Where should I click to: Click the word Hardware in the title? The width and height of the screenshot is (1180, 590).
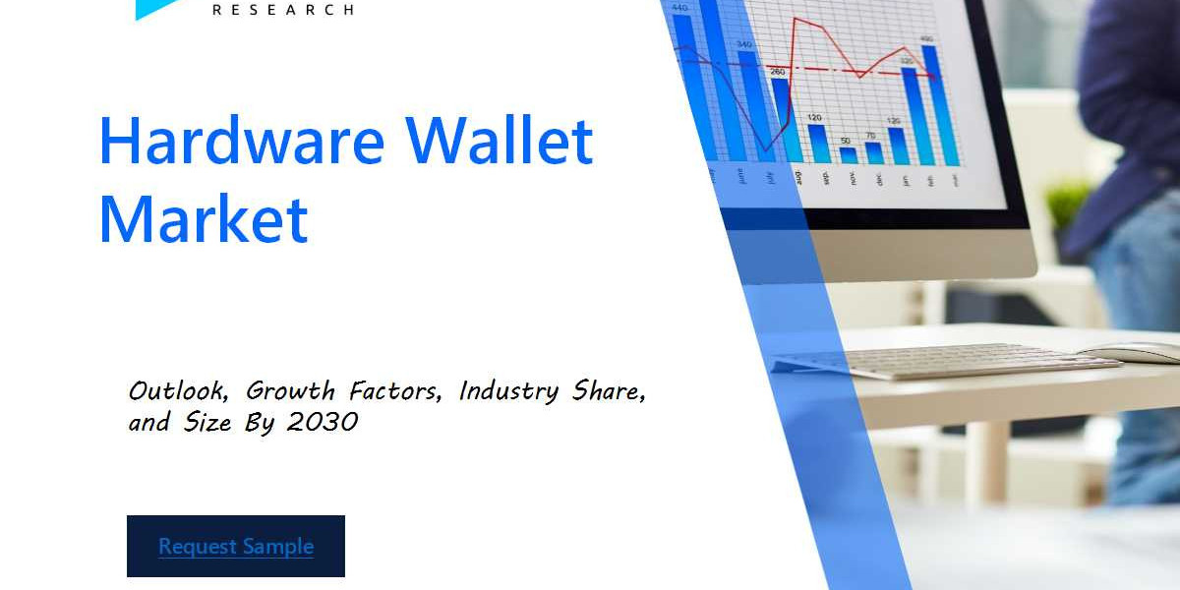coord(241,141)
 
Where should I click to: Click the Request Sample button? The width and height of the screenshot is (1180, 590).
coord(236,546)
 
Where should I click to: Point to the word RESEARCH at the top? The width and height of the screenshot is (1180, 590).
coord(284,10)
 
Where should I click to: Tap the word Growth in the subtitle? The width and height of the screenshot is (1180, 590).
coord(290,391)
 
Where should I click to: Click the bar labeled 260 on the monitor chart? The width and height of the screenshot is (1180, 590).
coord(781,118)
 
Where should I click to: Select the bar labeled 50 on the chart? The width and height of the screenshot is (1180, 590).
coord(848,155)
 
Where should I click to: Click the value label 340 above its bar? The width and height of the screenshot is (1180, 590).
coord(744,44)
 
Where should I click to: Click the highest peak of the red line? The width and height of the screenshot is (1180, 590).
coord(795,18)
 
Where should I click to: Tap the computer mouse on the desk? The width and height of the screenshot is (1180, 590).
coord(1131,352)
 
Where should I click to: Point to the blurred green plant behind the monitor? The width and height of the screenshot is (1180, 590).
coord(1067,202)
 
